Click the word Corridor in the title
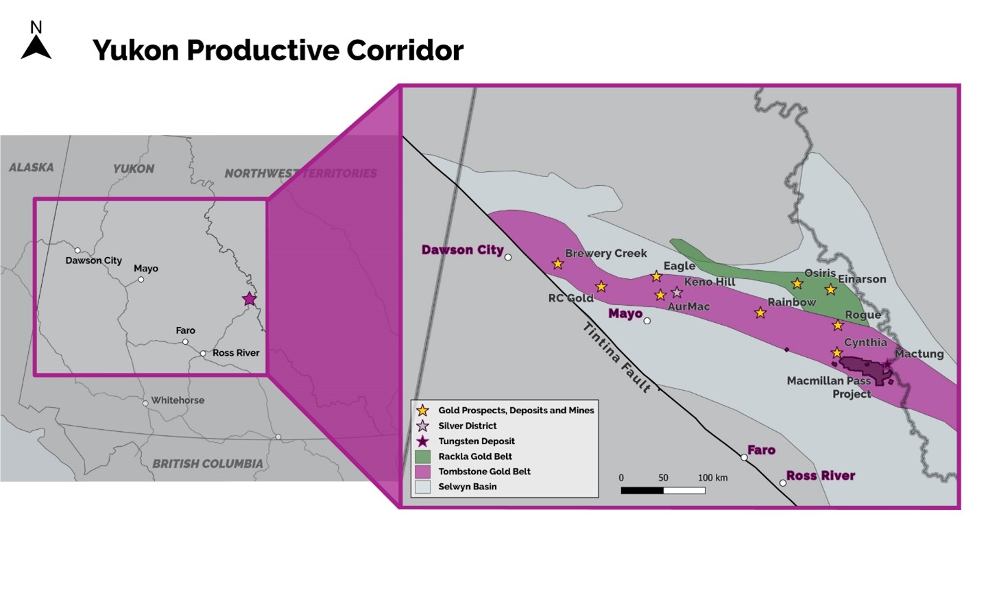pyautogui.click(x=405, y=50)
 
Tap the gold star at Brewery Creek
pyautogui.click(x=558, y=264)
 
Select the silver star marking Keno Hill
pyautogui.click(x=677, y=292)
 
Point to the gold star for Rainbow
pyautogui.click(x=760, y=313)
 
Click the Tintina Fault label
pyautogui.click(x=616, y=357)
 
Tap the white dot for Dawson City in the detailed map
pyautogui.click(x=508, y=257)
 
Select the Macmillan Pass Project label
pyautogui.click(x=829, y=387)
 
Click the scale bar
pyautogui.click(x=663, y=491)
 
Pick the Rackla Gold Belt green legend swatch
pyautogui.click(x=422, y=457)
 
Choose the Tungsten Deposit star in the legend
pyautogui.click(x=422, y=441)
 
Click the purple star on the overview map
pyautogui.click(x=249, y=299)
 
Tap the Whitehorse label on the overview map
pyautogui.click(x=178, y=400)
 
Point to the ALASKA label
pyautogui.click(x=32, y=168)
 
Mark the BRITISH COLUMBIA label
pyautogui.click(x=208, y=464)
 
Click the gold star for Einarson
pyautogui.click(x=830, y=289)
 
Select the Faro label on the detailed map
pyautogui.click(x=761, y=450)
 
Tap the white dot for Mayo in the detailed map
pyautogui.click(x=647, y=321)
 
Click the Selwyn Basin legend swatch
pyautogui.click(x=422, y=487)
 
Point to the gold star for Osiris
pyautogui.click(x=797, y=283)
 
